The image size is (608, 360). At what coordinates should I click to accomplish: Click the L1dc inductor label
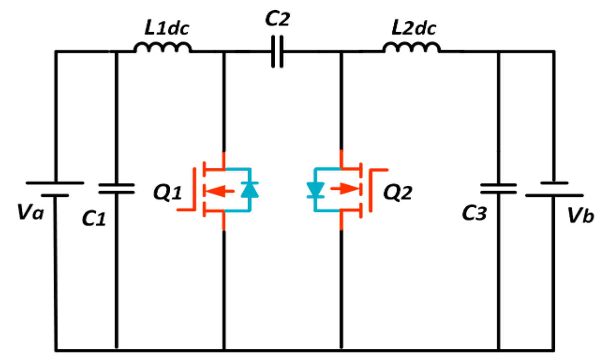coord(167,28)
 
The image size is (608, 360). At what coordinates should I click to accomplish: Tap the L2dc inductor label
coord(414,28)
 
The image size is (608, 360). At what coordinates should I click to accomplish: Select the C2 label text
coord(277,19)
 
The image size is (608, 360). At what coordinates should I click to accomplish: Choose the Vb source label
coord(580,216)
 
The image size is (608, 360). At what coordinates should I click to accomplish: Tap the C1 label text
coord(94,218)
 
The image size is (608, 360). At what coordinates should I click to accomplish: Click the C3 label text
coord(474,213)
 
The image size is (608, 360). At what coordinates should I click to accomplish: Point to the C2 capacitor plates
coord(277,52)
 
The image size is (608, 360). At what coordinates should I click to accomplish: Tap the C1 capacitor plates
coord(116,189)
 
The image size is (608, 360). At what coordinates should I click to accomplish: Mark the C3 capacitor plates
coord(498,189)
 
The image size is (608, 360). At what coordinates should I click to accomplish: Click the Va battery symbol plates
coord(55,189)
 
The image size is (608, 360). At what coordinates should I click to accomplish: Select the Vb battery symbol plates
coord(554,189)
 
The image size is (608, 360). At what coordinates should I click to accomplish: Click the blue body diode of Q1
coord(250,190)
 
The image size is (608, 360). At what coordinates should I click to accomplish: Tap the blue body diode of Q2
coord(315,190)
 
